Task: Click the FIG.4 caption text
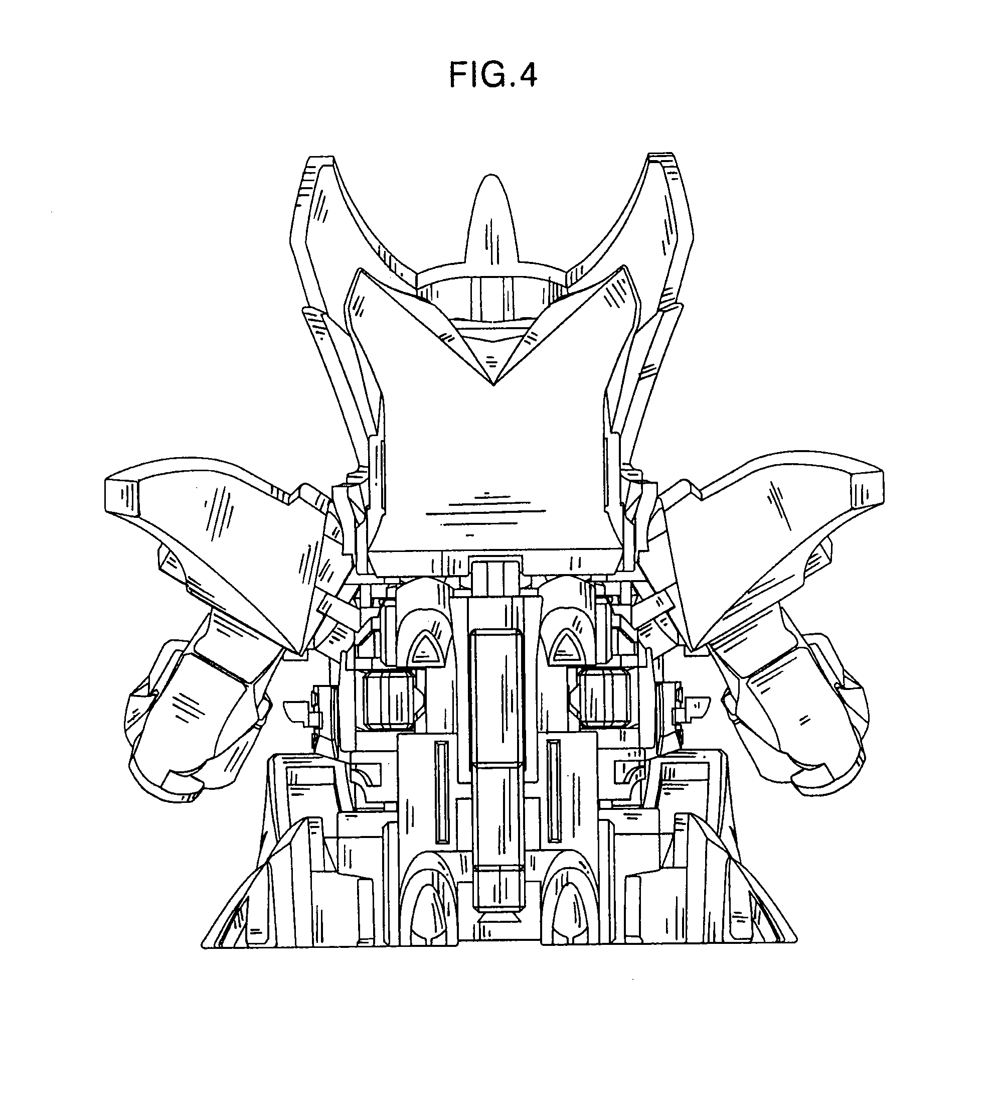492,75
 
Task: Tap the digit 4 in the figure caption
526,75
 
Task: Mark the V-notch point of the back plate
492,385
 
